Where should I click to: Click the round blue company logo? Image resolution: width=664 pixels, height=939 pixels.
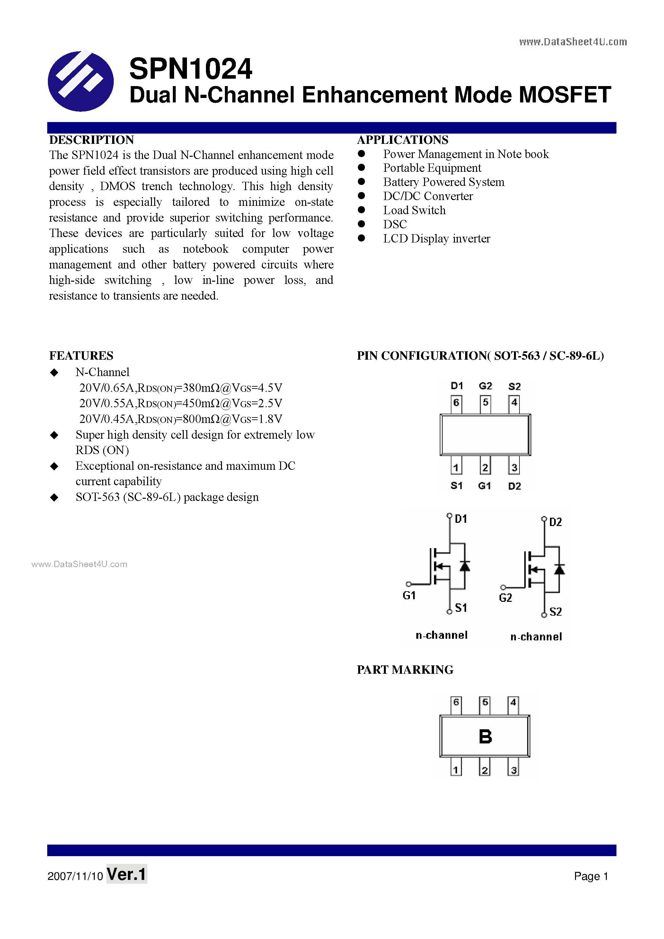81,81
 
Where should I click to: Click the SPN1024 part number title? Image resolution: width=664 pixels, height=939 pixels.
190,69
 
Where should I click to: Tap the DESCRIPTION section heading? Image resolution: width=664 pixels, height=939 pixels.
92,140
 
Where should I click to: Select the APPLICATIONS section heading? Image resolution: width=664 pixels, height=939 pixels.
403,140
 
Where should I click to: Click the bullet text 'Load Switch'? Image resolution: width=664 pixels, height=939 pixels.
414,210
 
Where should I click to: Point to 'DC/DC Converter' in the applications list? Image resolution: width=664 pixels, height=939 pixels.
428,196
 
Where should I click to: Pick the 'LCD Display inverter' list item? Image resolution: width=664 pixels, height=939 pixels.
436,238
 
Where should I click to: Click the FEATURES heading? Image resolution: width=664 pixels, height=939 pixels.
81,356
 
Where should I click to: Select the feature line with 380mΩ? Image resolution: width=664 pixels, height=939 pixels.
181,388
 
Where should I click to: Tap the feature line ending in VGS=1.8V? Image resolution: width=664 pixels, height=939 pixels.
181,419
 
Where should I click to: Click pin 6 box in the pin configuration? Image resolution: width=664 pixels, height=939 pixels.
456,403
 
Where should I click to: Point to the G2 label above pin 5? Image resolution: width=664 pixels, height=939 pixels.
485,386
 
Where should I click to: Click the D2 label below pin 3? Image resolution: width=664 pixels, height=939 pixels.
514,486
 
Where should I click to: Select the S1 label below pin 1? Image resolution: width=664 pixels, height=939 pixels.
456,486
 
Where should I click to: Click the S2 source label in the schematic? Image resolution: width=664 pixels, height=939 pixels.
555,612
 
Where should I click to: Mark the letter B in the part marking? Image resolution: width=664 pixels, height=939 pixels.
485,737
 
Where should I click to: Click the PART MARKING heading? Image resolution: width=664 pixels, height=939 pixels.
405,670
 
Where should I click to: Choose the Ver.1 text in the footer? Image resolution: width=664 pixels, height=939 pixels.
127,874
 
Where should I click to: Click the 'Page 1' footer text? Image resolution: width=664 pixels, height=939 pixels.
591,876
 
